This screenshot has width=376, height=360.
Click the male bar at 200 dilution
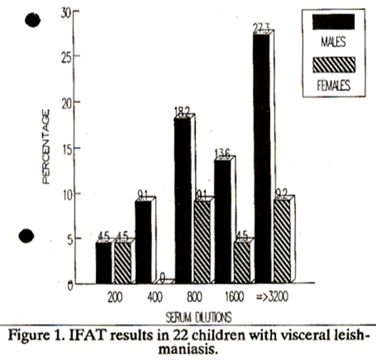click(104, 263)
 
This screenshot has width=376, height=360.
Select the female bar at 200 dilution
click(123, 263)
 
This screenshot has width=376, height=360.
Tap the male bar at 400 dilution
click(143, 243)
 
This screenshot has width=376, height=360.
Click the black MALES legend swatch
click(333, 21)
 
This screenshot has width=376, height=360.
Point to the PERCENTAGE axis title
click(47, 148)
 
